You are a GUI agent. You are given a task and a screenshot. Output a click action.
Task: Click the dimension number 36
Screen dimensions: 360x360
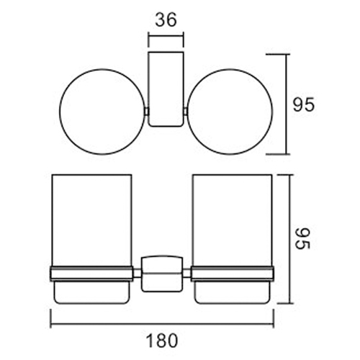(166, 22)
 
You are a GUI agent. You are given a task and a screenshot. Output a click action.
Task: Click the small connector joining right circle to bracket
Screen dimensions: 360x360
(186, 112)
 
